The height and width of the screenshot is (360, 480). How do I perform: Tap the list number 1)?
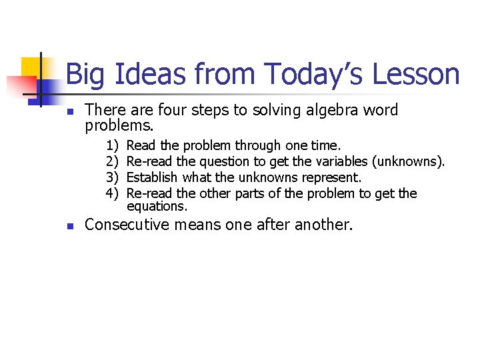point(111,145)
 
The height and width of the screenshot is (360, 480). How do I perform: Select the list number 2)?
point(111,161)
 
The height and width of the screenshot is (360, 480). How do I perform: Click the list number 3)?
point(111,177)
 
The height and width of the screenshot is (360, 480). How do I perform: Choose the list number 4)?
point(111,193)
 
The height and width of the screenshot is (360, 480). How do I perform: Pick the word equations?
point(157,207)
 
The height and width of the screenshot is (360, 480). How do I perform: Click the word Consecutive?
point(126,225)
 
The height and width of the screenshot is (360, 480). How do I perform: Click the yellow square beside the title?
point(31,67)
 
